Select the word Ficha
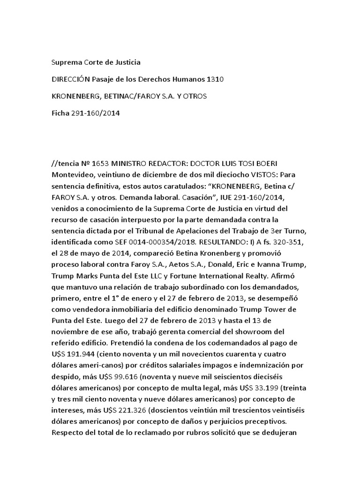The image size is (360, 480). point(60,113)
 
